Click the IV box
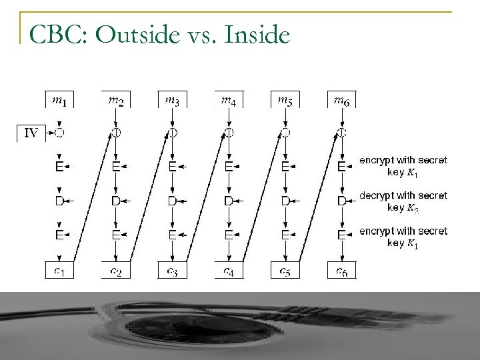point(30,133)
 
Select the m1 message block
point(59,100)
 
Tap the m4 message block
point(229,100)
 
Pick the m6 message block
point(341,100)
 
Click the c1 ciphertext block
point(59,271)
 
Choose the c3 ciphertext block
point(172,271)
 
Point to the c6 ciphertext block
point(341,271)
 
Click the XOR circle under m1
point(59,133)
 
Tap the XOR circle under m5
point(285,133)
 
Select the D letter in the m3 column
point(172,200)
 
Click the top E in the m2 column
point(116,167)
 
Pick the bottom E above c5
point(285,234)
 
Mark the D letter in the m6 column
point(341,200)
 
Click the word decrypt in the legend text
point(377,196)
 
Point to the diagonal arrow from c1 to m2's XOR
point(89,200)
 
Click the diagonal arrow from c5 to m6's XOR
point(315,200)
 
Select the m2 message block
point(116,100)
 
